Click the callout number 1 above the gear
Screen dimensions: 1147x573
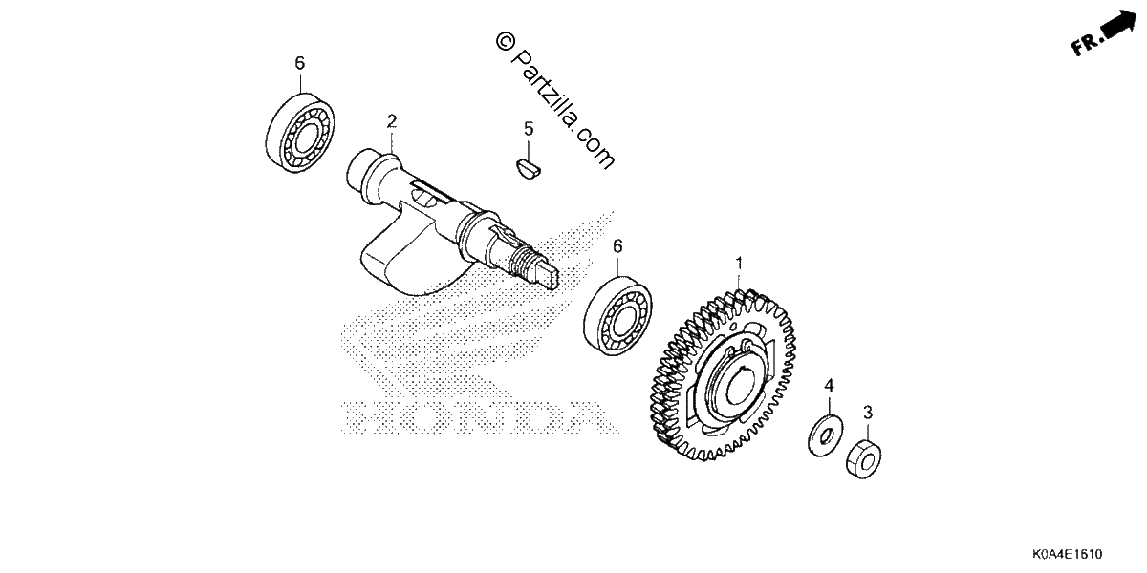(739, 264)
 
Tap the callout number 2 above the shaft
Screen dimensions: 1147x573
(392, 122)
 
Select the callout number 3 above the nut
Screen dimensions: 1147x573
(868, 413)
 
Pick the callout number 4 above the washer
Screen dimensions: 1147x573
(829, 385)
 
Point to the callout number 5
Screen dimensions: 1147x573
(529, 129)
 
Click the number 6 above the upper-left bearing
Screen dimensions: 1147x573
(299, 63)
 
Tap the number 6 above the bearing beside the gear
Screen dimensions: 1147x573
(617, 246)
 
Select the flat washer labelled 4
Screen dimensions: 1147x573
(826, 435)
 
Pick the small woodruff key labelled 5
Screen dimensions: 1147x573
(527, 169)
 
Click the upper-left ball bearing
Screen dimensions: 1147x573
(300, 133)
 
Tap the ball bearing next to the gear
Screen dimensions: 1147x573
(617, 317)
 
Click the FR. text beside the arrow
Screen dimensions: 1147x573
(1086, 45)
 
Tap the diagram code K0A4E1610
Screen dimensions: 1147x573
(1068, 554)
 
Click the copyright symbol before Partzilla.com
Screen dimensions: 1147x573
(505, 41)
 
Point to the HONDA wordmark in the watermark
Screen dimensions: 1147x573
(480, 417)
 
